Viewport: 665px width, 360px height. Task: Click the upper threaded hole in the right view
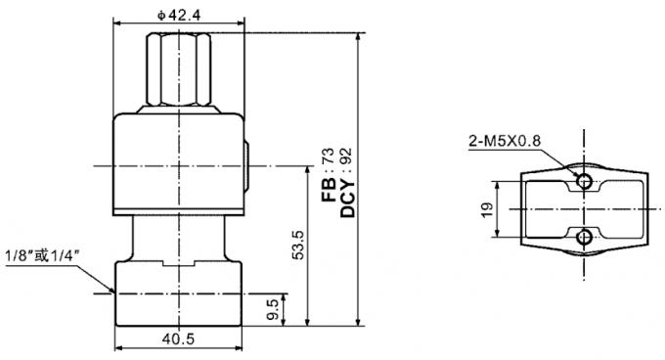[x=584, y=181]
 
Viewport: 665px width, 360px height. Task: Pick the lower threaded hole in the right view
[x=584, y=236]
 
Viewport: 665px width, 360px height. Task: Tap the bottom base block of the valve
[x=177, y=292]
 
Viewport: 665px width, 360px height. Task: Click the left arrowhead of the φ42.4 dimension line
[x=117, y=22]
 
